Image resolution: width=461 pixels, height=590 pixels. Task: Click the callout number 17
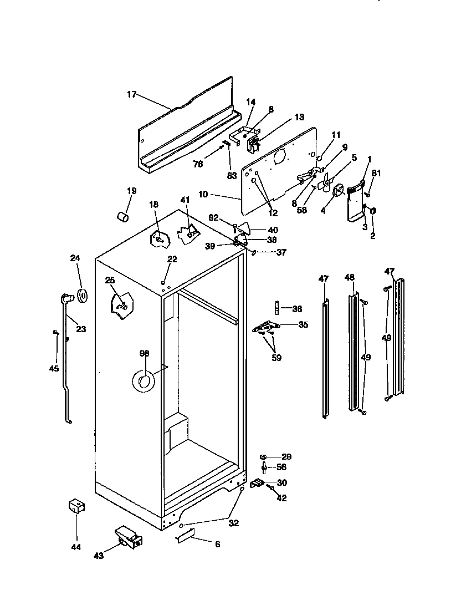click(131, 94)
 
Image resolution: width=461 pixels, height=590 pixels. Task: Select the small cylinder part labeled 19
click(123, 216)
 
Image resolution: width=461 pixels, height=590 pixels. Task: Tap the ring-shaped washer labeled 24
click(83, 296)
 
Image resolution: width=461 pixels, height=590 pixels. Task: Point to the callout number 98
click(144, 353)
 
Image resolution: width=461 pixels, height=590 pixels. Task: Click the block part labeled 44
click(75, 506)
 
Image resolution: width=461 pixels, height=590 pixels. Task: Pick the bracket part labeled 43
click(128, 537)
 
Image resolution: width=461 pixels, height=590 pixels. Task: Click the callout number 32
click(234, 522)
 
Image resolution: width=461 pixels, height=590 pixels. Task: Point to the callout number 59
click(276, 358)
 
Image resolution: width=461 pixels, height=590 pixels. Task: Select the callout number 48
click(349, 277)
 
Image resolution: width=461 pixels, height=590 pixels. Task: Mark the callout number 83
click(232, 175)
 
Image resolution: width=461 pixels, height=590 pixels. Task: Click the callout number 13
click(299, 117)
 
